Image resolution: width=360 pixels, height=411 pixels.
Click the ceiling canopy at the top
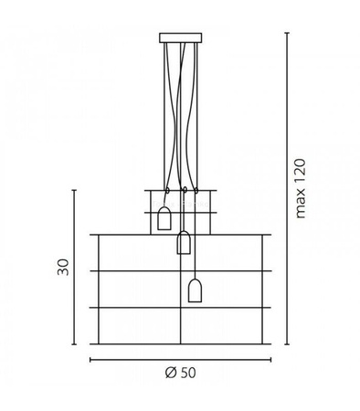(180, 38)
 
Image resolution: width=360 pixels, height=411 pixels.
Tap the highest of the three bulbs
(165, 219)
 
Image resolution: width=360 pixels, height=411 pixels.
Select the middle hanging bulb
(184, 243)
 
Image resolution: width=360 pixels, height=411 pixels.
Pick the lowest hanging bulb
(195, 290)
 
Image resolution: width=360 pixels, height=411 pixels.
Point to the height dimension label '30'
(63, 267)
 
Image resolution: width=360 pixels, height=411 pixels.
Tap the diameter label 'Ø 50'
(181, 373)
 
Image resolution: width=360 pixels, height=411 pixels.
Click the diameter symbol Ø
(171, 373)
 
